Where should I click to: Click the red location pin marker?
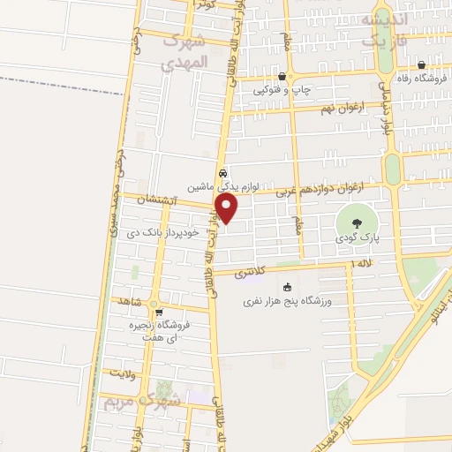(227, 208)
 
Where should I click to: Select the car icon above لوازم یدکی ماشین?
(224, 173)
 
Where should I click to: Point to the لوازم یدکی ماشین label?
(224, 187)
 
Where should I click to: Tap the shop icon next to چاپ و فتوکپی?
(282, 77)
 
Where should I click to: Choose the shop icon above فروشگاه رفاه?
(422, 64)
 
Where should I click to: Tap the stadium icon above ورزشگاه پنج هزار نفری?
(287, 288)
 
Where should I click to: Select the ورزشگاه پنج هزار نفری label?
(287, 302)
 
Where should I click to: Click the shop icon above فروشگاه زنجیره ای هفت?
(159, 312)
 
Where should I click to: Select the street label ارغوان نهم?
(338, 108)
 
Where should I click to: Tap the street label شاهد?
(131, 300)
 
